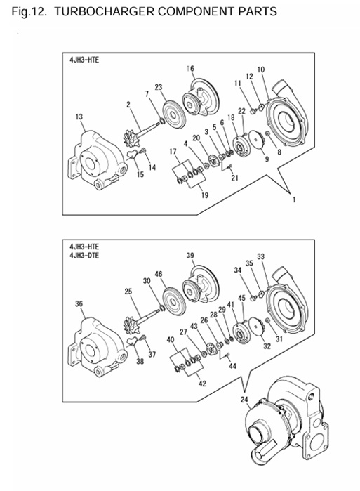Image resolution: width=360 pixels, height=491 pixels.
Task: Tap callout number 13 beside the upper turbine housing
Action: point(79,116)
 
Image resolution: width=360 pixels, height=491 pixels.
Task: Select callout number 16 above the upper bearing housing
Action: point(190,68)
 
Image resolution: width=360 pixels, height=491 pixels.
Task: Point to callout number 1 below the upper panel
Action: point(294,199)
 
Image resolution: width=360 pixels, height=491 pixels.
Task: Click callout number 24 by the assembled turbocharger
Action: point(244,402)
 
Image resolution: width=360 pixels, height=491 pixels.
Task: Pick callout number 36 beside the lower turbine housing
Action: point(79,303)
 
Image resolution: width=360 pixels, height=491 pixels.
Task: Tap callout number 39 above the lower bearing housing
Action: point(190,255)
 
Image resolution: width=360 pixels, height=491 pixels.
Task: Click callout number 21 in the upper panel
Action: point(234,178)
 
